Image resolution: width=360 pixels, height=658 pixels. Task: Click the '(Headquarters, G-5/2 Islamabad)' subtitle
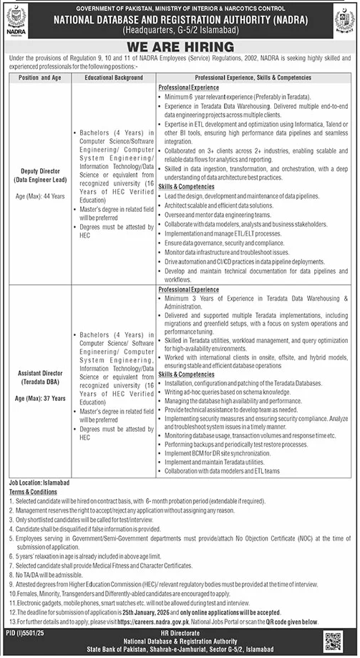tap(179, 33)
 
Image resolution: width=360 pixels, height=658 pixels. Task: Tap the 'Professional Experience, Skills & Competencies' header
tap(254, 77)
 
